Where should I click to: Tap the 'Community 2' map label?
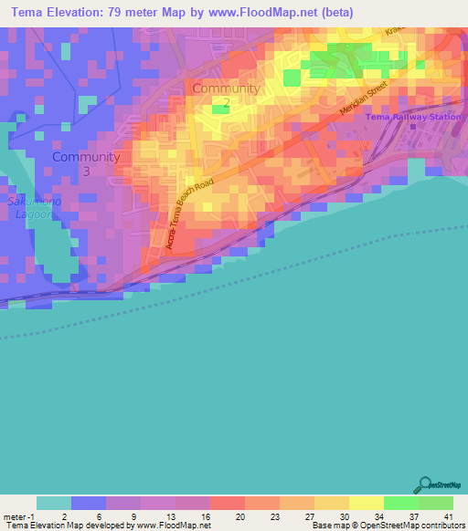(x=226, y=96)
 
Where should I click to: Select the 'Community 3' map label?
(x=86, y=163)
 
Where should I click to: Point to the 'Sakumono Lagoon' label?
(x=34, y=207)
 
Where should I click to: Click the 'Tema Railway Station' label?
(x=412, y=117)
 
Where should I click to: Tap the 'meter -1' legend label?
(x=20, y=515)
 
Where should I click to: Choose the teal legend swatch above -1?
(x=53, y=503)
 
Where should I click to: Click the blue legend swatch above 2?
(x=88, y=503)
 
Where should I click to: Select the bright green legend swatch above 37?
(x=400, y=503)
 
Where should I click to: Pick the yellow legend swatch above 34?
(x=366, y=503)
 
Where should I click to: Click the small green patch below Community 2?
(x=220, y=109)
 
